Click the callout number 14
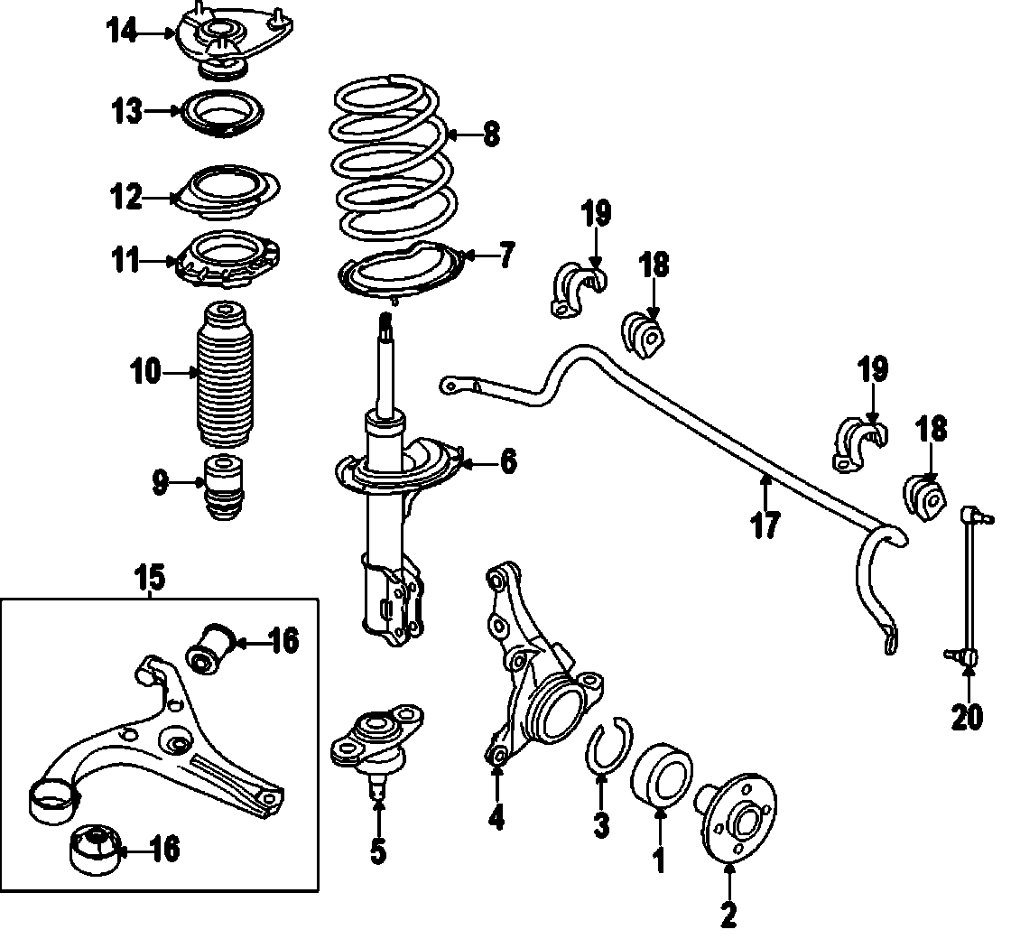pos(123,33)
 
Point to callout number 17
pos(765,525)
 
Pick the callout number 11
pos(125,262)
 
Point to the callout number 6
pos(508,463)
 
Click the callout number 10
pos(145,371)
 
